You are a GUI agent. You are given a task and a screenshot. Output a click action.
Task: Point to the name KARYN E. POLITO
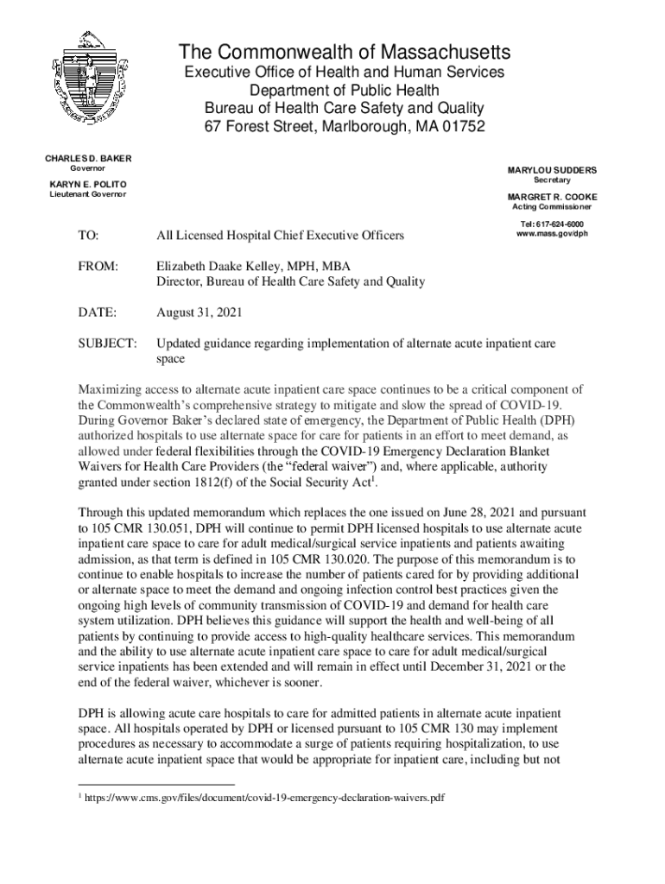pyautogui.click(x=85, y=185)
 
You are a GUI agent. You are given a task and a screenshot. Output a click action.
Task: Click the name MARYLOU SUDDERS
pyautogui.click(x=552, y=171)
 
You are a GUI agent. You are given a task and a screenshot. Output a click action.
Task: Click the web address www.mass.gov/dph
pyautogui.click(x=552, y=234)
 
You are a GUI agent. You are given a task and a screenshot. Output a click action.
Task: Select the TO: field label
pyautogui.click(x=88, y=235)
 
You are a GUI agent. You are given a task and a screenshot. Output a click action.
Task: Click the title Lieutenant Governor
pyautogui.click(x=85, y=194)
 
